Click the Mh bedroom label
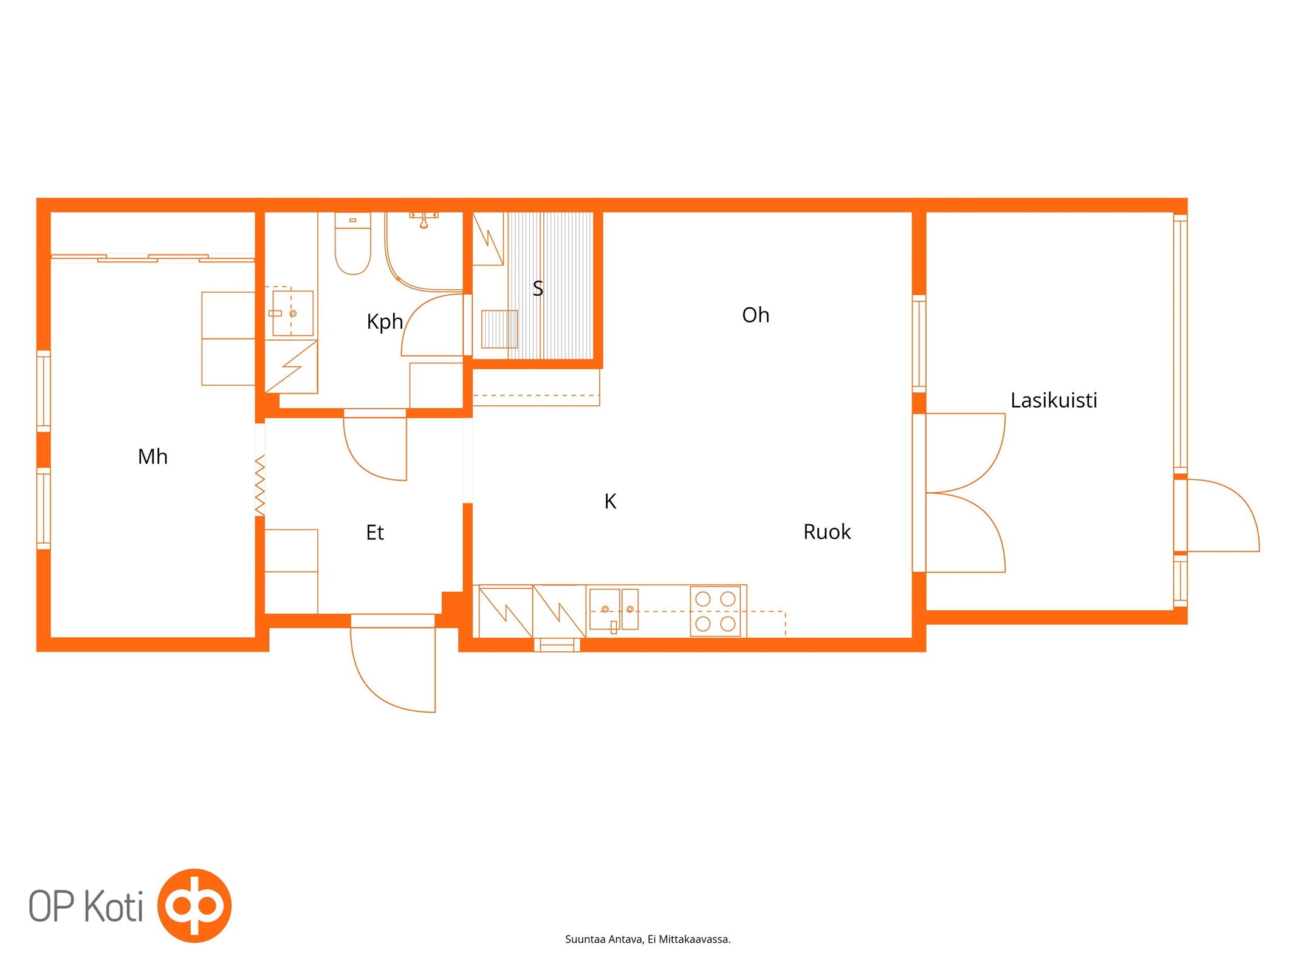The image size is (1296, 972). [x=153, y=456]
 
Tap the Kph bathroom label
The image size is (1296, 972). [x=385, y=321]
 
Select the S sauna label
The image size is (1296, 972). [x=538, y=288]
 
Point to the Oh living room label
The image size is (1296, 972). [x=755, y=315]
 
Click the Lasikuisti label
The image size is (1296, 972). [x=1054, y=400]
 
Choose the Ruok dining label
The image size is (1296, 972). [x=827, y=532]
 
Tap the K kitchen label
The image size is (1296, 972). [x=610, y=501]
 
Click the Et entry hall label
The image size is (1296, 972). [x=375, y=532]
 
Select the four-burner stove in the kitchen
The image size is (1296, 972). [x=715, y=611]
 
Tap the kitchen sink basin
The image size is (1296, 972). [x=605, y=609]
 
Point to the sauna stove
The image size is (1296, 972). [x=499, y=329]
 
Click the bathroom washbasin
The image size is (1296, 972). [x=293, y=313]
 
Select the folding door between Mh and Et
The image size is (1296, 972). [x=259, y=485]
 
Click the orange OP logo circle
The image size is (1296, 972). [x=194, y=906]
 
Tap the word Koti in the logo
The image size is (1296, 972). [x=113, y=906]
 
